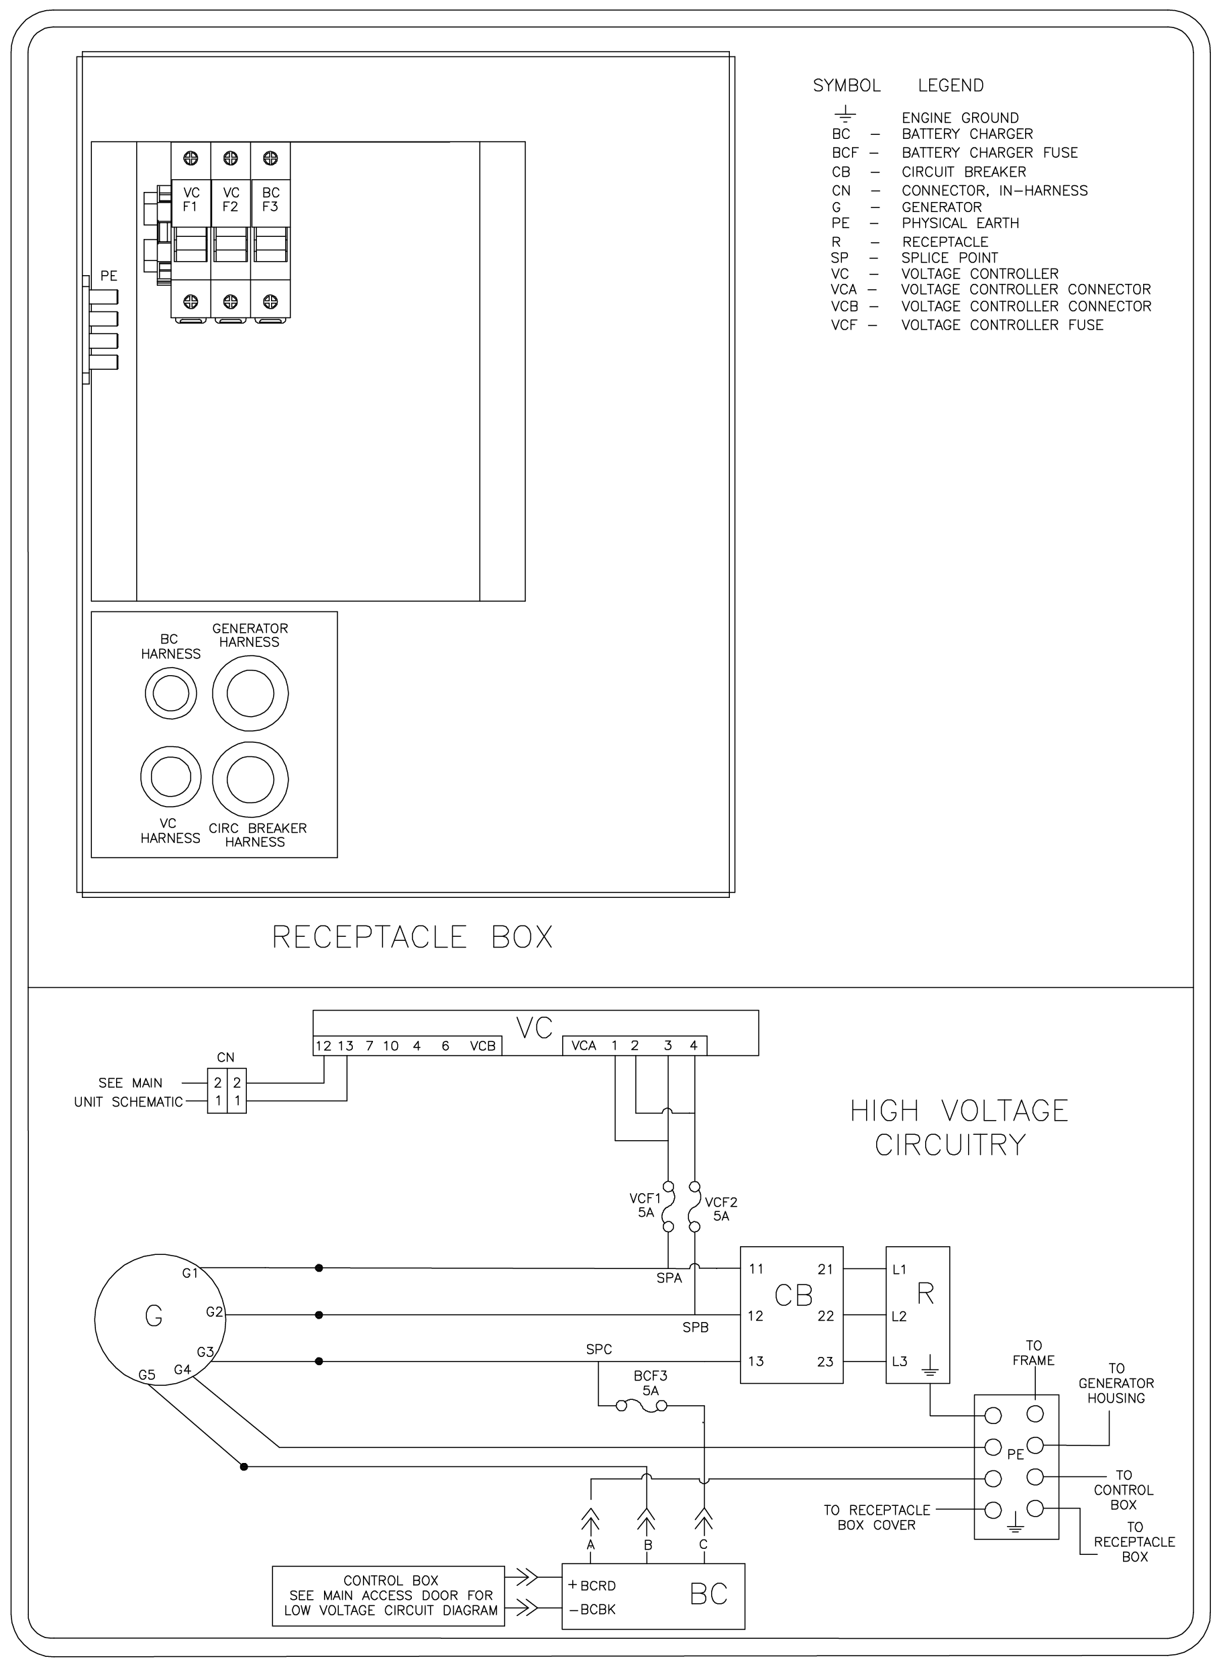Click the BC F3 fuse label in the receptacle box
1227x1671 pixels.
pos(270,199)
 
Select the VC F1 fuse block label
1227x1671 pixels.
pos(191,199)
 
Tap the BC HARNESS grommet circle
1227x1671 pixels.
pos(171,694)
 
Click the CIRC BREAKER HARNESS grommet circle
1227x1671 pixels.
pos(250,779)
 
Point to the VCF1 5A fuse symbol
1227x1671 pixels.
pos(668,1208)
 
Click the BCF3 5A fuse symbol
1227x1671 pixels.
pos(642,1405)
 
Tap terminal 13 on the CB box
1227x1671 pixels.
pos(756,1361)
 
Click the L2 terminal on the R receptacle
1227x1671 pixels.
pos(900,1316)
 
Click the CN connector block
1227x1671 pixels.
pos(227,1091)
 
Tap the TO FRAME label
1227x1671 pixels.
pos(1034,1353)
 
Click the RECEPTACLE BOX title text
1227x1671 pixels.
pos(412,937)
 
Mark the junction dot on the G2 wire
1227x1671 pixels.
pos(319,1315)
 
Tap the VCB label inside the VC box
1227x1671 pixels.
pos(483,1046)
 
